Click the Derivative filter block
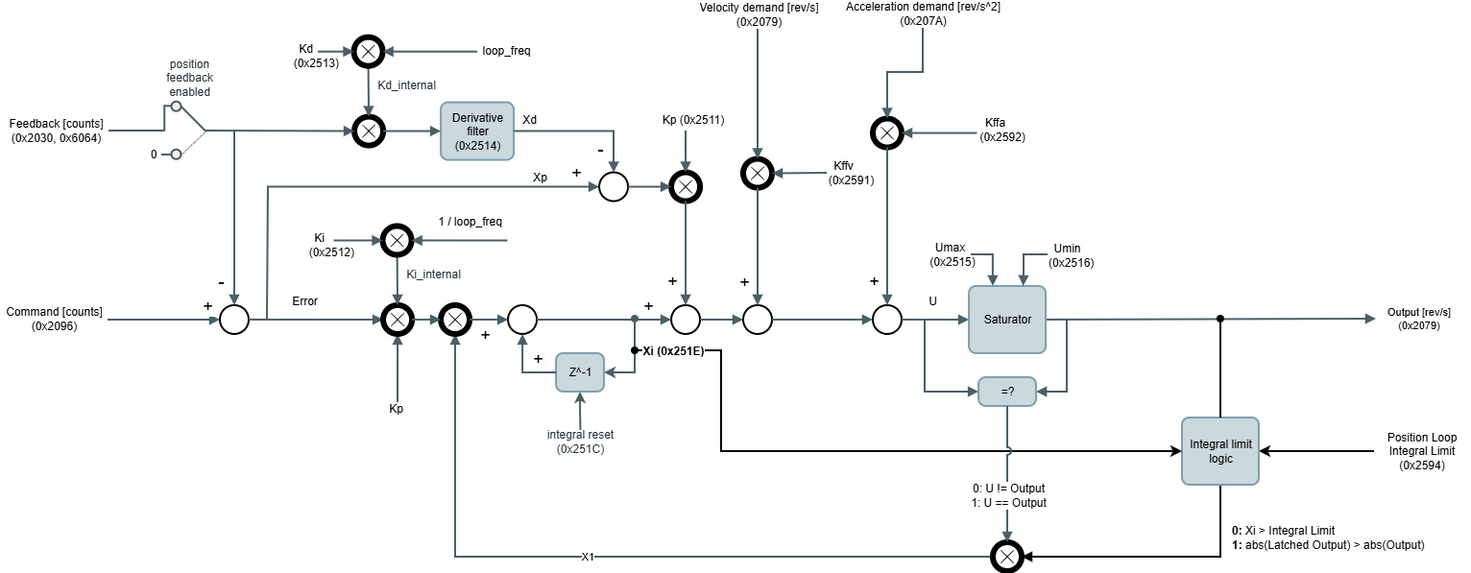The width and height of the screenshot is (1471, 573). pos(477,131)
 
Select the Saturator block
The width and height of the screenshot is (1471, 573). pos(1007,319)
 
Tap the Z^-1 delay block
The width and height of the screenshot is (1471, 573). pos(580,372)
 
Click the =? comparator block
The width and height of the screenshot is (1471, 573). pos(1007,392)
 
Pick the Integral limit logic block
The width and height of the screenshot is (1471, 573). pos(1219,450)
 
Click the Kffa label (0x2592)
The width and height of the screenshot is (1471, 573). pos(1001,130)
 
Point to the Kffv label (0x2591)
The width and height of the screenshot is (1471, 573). pos(852,173)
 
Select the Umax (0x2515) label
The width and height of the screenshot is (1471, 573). pos(952,255)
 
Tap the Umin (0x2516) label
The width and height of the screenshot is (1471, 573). pos(1072,255)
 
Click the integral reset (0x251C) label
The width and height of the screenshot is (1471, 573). pos(580,442)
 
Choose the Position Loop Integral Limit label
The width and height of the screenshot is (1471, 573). pos(1421,451)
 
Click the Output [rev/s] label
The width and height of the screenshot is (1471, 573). pos(1418,319)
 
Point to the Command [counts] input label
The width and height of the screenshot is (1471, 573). pos(55,319)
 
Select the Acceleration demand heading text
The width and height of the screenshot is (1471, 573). pos(923,13)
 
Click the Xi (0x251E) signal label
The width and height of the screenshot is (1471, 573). pos(672,350)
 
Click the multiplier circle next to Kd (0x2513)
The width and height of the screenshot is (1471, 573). pos(369,51)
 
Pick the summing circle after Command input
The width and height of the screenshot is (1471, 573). pos(234,319)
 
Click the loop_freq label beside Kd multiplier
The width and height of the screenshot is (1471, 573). pos(506,51)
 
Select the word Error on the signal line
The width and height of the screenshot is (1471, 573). pos(304,301)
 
